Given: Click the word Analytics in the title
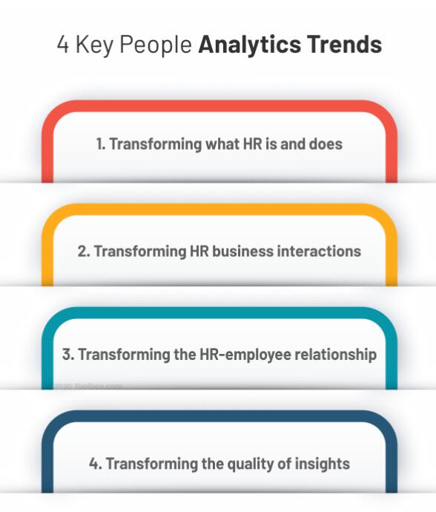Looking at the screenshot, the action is [250, 45].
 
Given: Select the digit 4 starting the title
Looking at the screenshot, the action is [63, 44].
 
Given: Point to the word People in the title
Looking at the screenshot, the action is [156, 45].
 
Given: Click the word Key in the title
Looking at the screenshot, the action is [94, 45].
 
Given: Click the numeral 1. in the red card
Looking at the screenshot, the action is [101, 144].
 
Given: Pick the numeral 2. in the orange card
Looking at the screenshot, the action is [84, 252].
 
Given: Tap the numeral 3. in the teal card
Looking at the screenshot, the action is [68, 354].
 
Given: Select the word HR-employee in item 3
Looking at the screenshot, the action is [245, 355].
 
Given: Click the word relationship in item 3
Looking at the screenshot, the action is [335, 355].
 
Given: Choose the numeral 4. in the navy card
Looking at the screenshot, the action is [96, 464].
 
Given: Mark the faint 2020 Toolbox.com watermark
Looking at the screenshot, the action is [87, 387].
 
